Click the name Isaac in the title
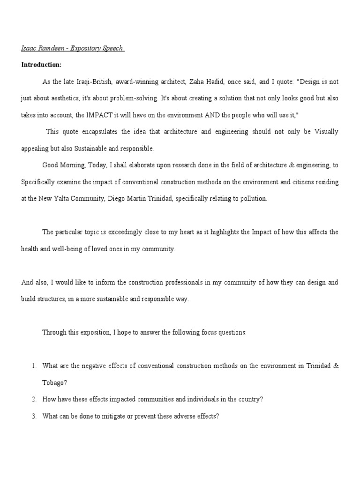coord(28,49)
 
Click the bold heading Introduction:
coord(41,65)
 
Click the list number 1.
coord(34,366)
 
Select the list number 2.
coord(34,399)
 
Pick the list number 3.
coord(34,416)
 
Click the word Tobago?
coord(55,382)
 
